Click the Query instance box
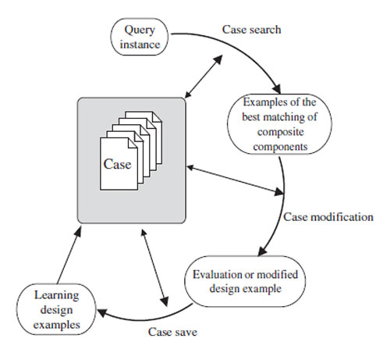coord(140,37)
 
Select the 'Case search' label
coord(251,30)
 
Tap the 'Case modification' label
coord(328,217)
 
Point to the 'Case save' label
coord(172,332)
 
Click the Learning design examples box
coord(56,309)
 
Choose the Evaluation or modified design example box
coord(245,281)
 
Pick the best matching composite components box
coord(279,124)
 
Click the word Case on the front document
coord(117,164)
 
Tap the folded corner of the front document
coord(133,143)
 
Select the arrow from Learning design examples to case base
coord(69,255)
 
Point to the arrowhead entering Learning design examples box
coord(102,312)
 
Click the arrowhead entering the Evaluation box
coord(262,251)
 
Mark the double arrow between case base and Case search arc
coord(204,77)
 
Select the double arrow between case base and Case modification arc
coord(236,180)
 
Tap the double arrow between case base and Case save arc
coord(154,268)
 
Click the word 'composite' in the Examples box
coord(281,132)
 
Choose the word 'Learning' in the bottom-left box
coord(56,295)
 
